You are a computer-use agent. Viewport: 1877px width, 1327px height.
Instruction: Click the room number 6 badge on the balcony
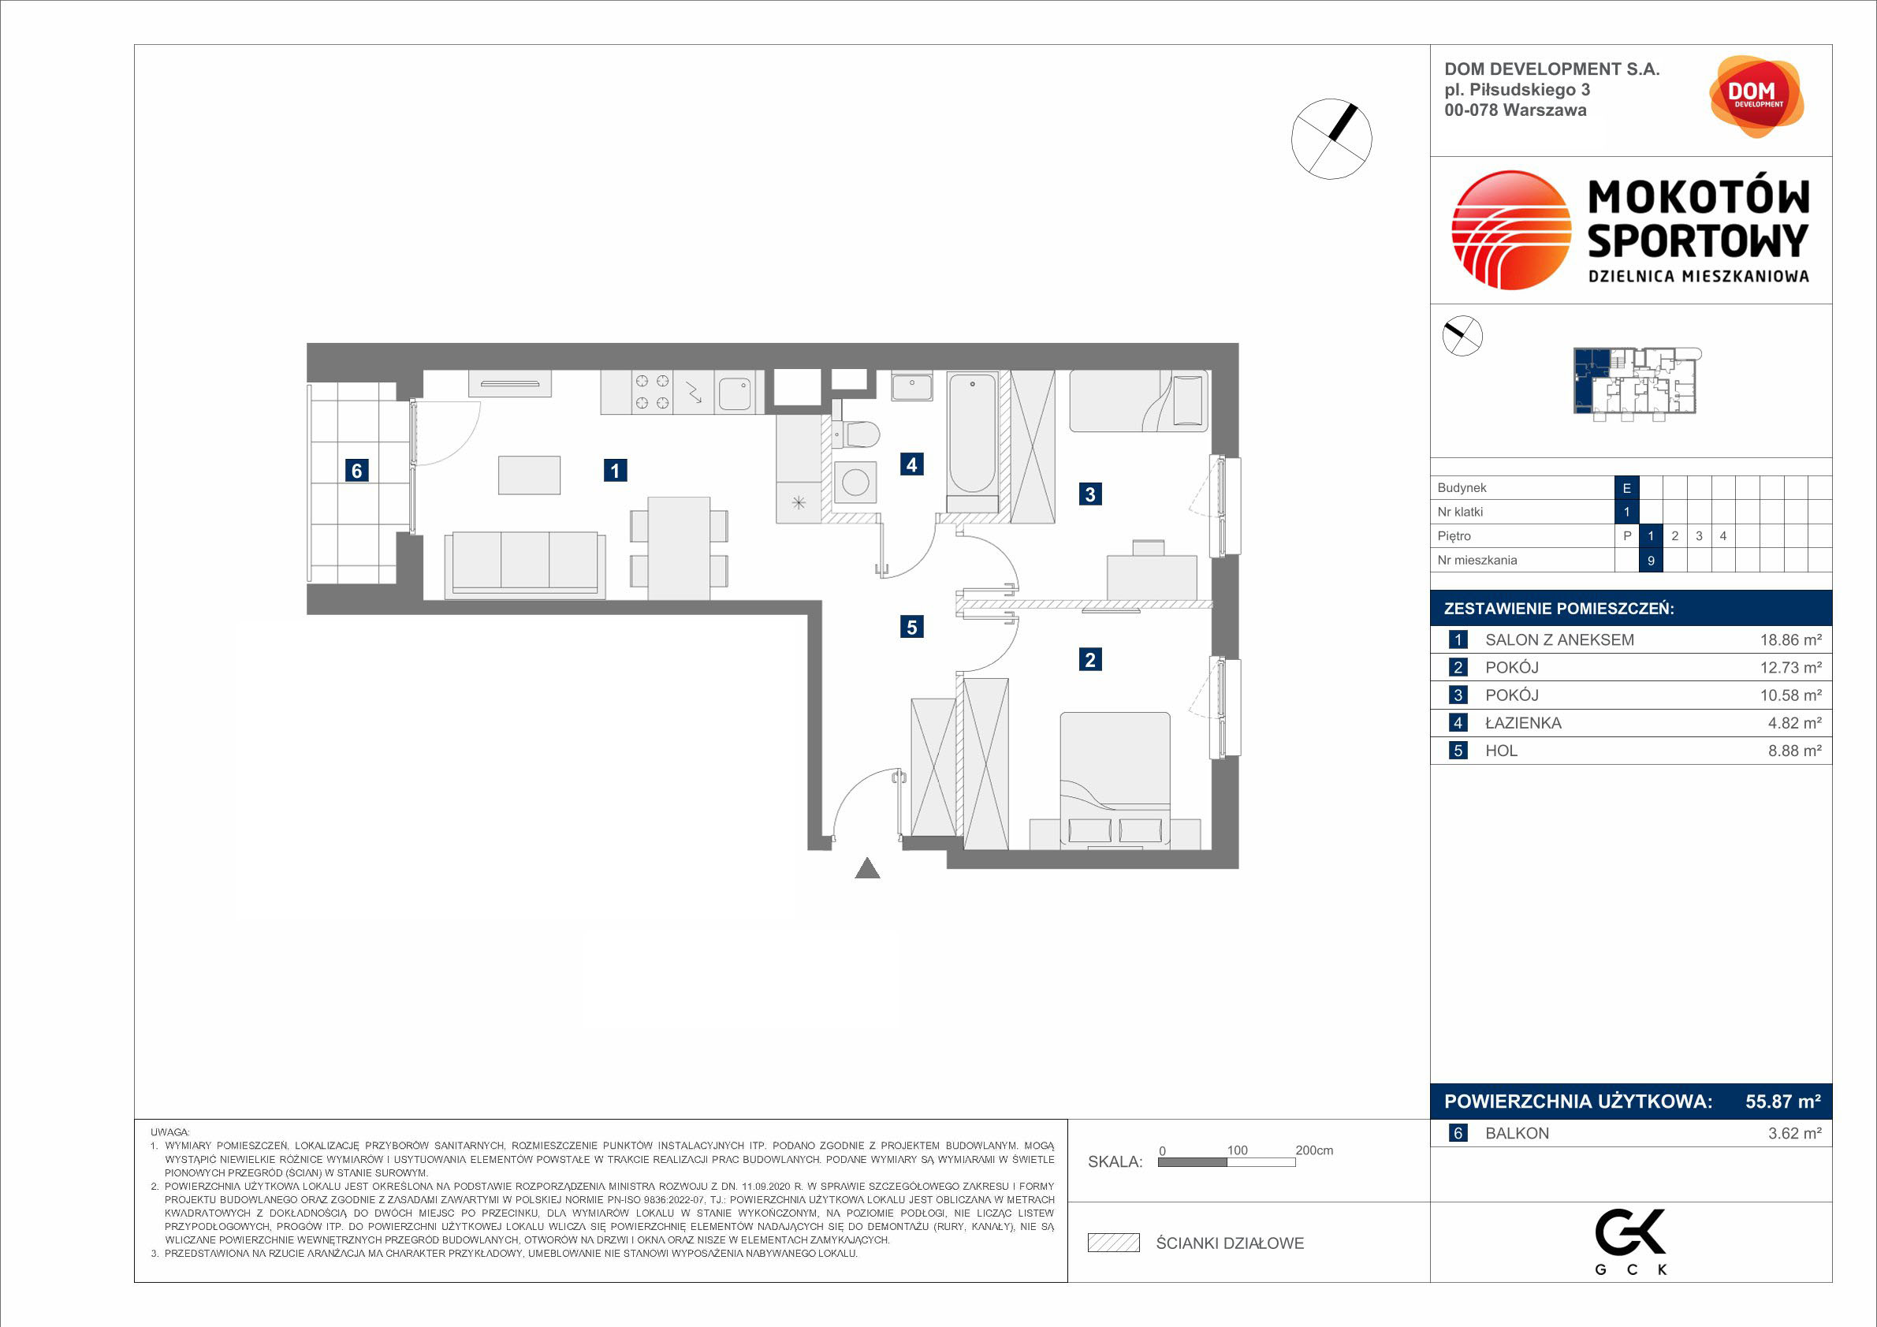pos(356,470)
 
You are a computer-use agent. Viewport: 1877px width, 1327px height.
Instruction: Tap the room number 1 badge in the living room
pos(616,470)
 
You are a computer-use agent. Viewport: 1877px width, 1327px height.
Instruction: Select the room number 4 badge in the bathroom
pos(911,464)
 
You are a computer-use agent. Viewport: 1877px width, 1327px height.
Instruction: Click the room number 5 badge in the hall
pos(911,627)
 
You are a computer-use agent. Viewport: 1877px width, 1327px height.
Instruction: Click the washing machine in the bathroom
pos(855,483)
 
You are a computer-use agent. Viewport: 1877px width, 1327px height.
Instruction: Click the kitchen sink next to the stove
pos(735,393)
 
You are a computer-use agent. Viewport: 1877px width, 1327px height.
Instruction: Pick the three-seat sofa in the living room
pos(525,565)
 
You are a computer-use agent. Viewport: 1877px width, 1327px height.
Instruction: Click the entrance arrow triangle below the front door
pos(867,868)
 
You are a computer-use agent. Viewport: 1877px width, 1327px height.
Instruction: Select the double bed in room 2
pos(1115,780)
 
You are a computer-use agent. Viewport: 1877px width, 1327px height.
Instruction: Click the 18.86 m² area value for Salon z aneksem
pos(1790,640)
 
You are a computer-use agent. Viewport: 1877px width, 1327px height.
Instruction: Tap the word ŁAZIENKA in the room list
pos(1523,723)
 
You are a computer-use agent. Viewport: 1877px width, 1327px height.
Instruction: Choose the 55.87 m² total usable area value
pos(1783,1101)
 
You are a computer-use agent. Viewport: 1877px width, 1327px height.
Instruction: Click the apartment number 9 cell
pos(1651,560)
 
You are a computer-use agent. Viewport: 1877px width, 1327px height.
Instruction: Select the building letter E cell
pos(1627,488)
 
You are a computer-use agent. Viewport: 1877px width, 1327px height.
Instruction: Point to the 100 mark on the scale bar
pos(1237,1150)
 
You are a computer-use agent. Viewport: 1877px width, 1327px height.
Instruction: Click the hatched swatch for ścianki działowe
pos(1113,1243)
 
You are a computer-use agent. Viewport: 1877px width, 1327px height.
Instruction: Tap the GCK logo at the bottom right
pos(1631,1241)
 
